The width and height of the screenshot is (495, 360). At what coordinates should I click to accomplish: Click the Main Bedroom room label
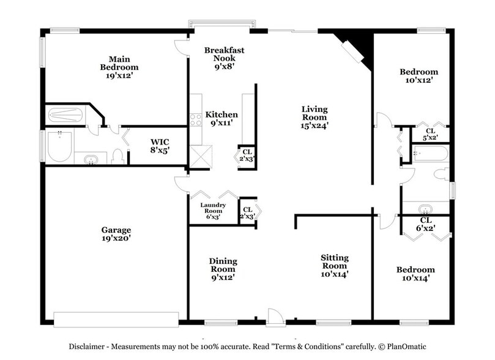pos(119,67)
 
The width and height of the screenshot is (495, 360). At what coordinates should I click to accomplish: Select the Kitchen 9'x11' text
pos(221,119)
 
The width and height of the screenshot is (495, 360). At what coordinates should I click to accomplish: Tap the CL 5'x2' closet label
pos(430,134)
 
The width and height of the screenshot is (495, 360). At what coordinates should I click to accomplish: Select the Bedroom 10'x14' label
pos(415,274)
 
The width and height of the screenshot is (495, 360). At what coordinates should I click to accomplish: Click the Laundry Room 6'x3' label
pos(213,211)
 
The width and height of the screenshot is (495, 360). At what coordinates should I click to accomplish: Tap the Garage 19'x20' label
pos(116,234)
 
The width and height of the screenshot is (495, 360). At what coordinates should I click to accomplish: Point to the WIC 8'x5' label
pos(160,145)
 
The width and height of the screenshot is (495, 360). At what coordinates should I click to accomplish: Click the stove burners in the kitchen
pos(196,120)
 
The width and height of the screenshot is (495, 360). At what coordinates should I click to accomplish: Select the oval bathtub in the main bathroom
pos(60,146)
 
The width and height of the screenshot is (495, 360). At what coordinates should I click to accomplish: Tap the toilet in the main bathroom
pos(118,157)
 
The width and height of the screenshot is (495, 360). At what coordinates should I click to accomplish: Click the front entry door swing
pos(275,317)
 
